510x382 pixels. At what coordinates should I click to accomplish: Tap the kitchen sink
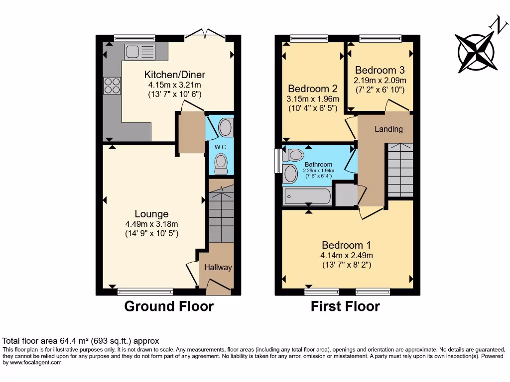coord(140,51)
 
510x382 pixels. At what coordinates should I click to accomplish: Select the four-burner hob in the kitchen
coord(112,86)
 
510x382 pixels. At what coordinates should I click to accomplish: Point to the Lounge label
coord(152,214)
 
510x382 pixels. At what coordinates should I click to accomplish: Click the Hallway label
coord(218,268)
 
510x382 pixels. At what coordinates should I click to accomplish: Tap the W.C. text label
coord(221,147)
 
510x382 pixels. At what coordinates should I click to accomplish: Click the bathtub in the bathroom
coord(307,197)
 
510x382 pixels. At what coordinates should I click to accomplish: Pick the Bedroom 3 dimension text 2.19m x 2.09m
coord(380,80)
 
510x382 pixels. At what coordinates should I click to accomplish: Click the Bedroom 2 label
coord(313,89)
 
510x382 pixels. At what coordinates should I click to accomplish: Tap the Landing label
coord(388,129)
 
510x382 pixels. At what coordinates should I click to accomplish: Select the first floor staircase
coord(400,170)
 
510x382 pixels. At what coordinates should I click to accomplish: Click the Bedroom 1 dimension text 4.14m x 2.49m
coord(346,255)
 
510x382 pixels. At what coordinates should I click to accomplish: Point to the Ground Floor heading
coord(169,306)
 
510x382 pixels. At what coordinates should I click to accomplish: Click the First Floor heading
coord(345,306)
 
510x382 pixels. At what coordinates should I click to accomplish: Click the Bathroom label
coord(318,165)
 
